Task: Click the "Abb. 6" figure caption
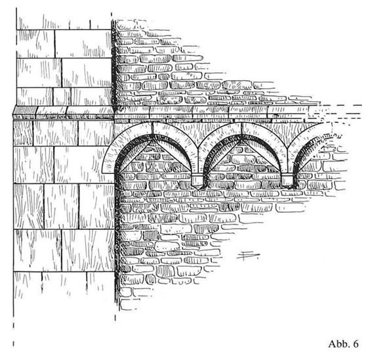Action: (x=343, y=344)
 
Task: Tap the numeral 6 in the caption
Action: (x=356, y=344)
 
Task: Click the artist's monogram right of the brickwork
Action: (x=248, y=256)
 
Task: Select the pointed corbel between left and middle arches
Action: (x=197, y=181)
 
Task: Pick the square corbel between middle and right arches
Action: (x=287, y=180)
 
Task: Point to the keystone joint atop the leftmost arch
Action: (x=153, y=129)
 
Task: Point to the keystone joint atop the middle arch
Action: (x=242, y=129)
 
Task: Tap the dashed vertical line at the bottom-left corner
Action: (x=13, y=332)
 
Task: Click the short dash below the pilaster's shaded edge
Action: (x=115, y=318)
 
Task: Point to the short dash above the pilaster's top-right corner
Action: (x=112, y=14)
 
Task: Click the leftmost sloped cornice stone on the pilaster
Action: (x=25, y=112)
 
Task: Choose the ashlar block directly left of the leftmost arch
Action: (x=81, y=164)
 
